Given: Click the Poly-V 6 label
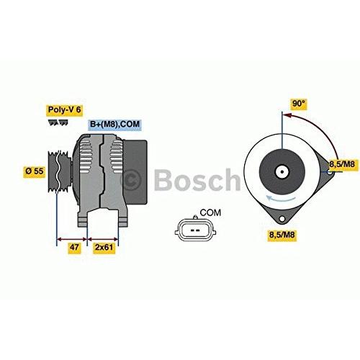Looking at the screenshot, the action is (64, 109).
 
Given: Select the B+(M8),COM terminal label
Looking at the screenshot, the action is (114, 124).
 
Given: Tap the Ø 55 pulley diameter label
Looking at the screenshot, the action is (35, 171).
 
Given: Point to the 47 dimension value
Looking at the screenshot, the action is (73, 247).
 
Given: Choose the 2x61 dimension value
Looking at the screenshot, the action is (104, 247).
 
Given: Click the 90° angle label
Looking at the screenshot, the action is (299, 104).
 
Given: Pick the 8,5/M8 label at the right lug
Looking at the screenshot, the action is (342, 164).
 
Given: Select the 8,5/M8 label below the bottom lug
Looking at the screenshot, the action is (282, 235).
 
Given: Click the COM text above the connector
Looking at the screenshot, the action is (210, 212).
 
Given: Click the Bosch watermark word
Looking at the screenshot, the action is (197, 179).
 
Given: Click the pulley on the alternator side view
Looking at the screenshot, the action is (59, 171).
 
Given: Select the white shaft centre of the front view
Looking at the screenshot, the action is (282, 172).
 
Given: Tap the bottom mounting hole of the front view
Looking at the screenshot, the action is (282, 219).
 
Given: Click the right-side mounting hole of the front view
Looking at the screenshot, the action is (330, 172).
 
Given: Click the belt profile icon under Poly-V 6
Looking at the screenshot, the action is (58, 122).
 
